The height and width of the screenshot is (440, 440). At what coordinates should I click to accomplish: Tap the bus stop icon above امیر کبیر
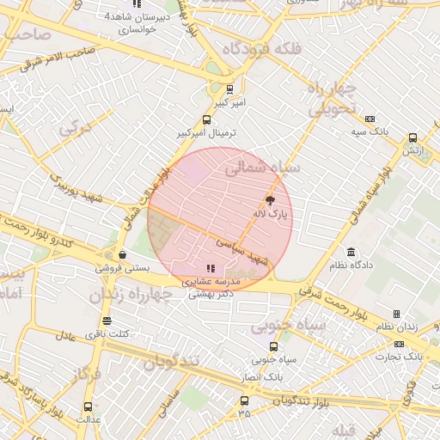coord(229,89)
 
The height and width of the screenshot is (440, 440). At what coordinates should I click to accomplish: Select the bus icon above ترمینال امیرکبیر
coord(206,119)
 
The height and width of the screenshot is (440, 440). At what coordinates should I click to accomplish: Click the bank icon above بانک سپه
coord(370,119)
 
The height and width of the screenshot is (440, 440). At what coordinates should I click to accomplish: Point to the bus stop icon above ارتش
coord(413,137)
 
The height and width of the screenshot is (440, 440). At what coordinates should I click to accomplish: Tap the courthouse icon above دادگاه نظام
coord(351,252)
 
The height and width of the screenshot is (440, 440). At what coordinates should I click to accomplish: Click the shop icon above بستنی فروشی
coord(124,254)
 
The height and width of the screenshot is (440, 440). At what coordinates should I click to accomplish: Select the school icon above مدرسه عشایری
coord(211,268)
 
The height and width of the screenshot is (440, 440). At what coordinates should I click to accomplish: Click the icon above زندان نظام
coord(396,314)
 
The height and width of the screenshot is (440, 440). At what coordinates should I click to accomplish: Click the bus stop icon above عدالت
coord(88,406)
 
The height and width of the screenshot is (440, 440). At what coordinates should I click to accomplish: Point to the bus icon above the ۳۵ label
coord(245,400)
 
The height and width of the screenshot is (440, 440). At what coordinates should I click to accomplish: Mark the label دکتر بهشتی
coord(211,294)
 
